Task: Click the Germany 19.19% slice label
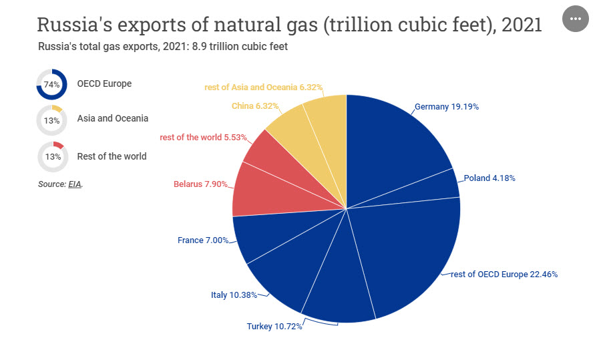click(x=446, y=107)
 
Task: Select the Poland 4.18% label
click(x=489, y=178)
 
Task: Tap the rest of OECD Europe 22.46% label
click(x=504, y=275)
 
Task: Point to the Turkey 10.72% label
click(x=274, y=327)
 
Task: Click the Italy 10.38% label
click(x=234, y=295)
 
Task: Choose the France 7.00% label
click(x=203, y=240)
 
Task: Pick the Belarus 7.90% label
click(x=201, y=184)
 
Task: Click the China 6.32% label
click(x=255, y=106)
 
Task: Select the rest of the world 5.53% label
click(x=204, y=138)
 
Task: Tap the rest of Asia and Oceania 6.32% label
click(x=264, y=87)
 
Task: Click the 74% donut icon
click(x=51, y=85)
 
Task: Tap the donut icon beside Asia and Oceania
click(x=51, y=121)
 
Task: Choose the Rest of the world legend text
click(x=112, y=156)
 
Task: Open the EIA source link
click(x=74, y=184)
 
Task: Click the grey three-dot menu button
click(x=576, y=19)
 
